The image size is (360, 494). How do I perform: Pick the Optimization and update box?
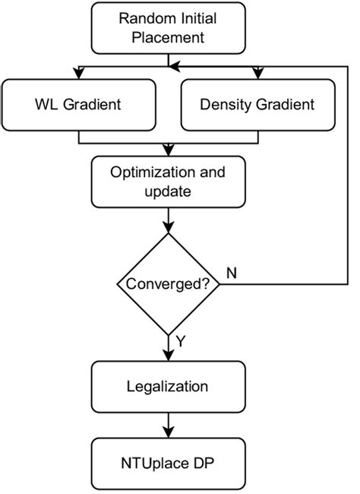167,182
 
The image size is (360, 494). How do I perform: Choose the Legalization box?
167,385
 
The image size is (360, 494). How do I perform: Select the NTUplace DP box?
167,462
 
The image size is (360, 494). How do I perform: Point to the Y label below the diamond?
179,343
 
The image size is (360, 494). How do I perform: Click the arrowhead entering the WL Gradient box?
79,74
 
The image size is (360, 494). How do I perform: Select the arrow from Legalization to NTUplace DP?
167,424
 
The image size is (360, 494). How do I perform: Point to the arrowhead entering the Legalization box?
167,356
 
